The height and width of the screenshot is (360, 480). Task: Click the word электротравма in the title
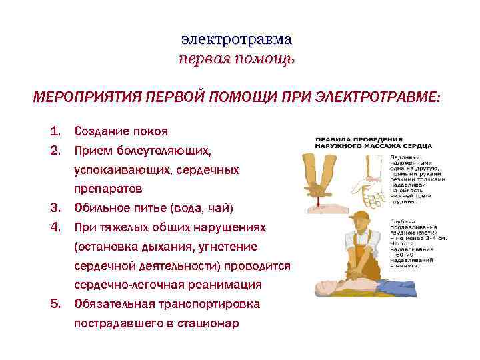click(x=236, y=39)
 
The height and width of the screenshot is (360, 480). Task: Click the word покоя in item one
click(x=151, y=131)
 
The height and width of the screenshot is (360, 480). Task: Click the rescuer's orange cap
click(x=361, y=216)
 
